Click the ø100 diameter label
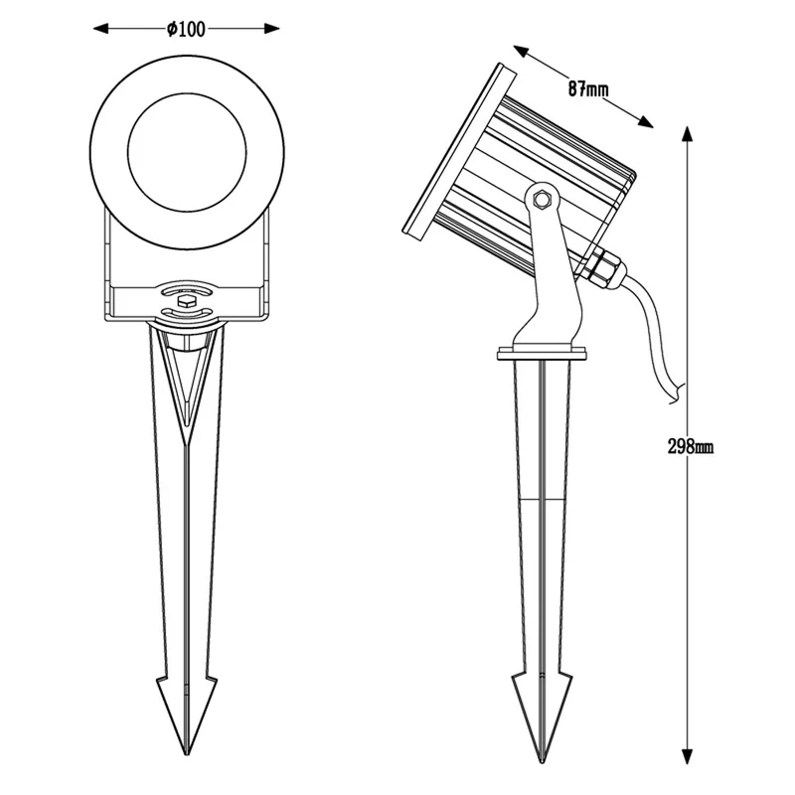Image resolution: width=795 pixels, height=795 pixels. point(186,29)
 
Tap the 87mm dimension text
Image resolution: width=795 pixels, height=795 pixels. point(587,89)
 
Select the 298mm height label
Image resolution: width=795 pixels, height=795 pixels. point(691,446)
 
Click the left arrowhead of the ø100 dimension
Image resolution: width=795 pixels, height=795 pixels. point(101,29)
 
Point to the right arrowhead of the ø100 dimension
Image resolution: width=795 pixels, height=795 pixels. point(272,29)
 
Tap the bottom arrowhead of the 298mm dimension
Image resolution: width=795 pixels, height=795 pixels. point(687,755)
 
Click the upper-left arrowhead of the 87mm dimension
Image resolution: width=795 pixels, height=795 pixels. point(521,52)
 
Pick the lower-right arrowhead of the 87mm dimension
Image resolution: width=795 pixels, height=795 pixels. point(645,122)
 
